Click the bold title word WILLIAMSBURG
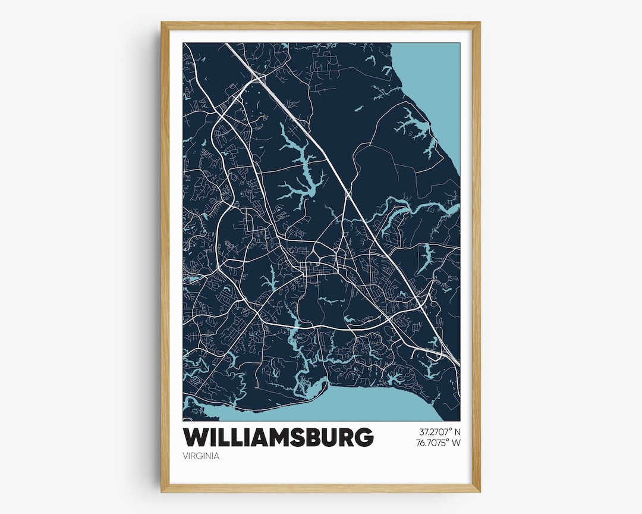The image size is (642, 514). (x=278, y=438)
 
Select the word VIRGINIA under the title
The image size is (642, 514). (x=202, y=456)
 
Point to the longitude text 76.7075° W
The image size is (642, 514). (x=440, y=442)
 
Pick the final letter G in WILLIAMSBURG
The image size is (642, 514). (x=363, y=438)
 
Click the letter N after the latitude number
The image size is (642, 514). (x=458, y=431)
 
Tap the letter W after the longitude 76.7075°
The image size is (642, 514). (x=458, y=442)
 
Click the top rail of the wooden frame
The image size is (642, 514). (x=321, y=25)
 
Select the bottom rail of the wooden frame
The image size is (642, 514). (x=321, y=488)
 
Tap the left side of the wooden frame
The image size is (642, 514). (x=165, y=256)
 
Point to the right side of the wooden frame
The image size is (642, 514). (x=476, y=256)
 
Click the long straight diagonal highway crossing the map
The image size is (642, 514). (x=357, y=208)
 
